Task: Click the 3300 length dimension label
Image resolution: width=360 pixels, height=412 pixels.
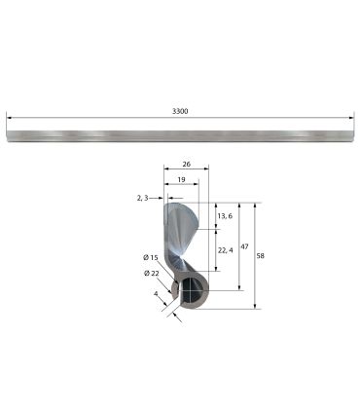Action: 180,111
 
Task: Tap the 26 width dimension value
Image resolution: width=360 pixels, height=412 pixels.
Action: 186,164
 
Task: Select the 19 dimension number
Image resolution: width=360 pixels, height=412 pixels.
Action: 181,179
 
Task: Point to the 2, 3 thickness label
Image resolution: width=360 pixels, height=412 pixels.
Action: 142,198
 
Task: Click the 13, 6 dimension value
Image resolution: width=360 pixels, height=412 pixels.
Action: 225,216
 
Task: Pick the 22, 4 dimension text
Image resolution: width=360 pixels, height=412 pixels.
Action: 226,250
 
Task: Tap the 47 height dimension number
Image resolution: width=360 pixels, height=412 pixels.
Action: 244,246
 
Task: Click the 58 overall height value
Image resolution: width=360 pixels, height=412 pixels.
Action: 260,256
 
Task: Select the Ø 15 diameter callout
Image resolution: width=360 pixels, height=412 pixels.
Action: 151,257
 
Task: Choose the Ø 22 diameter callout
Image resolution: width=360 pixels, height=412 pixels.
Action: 152,274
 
